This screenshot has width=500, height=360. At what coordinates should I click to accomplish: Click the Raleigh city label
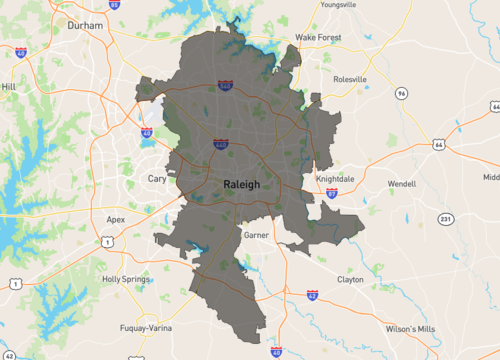(x=242, y=184)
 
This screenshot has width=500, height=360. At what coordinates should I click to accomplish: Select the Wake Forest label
(x=319, y=37)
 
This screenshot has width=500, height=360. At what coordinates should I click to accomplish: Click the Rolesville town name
(x=348, y=78)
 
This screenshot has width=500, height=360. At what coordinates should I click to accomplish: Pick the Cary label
(x=157, y=178)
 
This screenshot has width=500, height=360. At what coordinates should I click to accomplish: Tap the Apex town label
(x=116, y=217)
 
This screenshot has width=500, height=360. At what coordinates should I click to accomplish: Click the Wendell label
(x=401, y=184)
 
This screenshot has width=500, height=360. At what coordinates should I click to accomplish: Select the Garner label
(x=256, y=234)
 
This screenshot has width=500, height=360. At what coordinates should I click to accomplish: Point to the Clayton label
(x=350, y=279)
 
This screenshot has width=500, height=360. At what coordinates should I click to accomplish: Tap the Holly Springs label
(x=126, y=279)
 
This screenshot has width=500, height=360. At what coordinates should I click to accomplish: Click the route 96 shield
(x=401, y=93)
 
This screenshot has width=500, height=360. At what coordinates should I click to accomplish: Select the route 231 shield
(x=445, y=219)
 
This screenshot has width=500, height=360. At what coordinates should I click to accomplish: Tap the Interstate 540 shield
(x=229, y=88)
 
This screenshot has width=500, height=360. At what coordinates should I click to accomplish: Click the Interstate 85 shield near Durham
(x=113, y=5)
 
